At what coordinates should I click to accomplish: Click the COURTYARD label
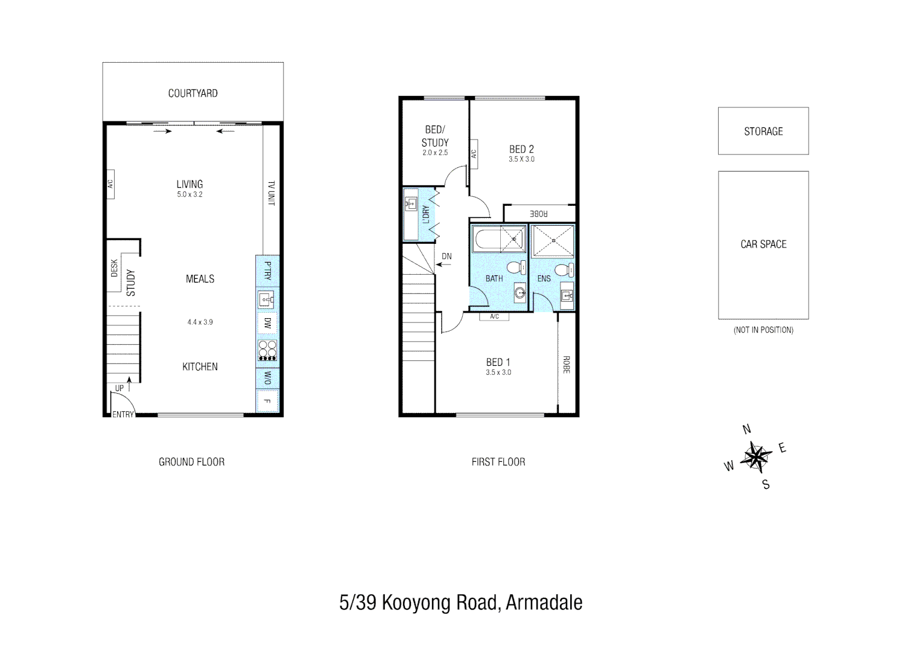192,94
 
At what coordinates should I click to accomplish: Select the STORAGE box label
763,132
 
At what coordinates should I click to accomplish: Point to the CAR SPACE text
763,245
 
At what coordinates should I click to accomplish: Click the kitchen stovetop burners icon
267,350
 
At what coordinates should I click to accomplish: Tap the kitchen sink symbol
266,299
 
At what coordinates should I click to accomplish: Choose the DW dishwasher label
267,323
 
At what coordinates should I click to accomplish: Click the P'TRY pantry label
267,271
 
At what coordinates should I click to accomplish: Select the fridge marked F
267,401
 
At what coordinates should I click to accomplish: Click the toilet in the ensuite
564,269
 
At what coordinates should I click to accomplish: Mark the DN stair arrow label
447,257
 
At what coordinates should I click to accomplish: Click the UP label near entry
119,388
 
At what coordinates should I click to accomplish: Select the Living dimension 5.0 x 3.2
189,194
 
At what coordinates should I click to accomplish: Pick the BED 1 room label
498,362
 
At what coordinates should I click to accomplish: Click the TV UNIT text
271,193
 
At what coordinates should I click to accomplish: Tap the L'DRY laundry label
425,215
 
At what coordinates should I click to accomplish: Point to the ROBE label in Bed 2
539,214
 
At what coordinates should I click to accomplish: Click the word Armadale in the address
544,602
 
